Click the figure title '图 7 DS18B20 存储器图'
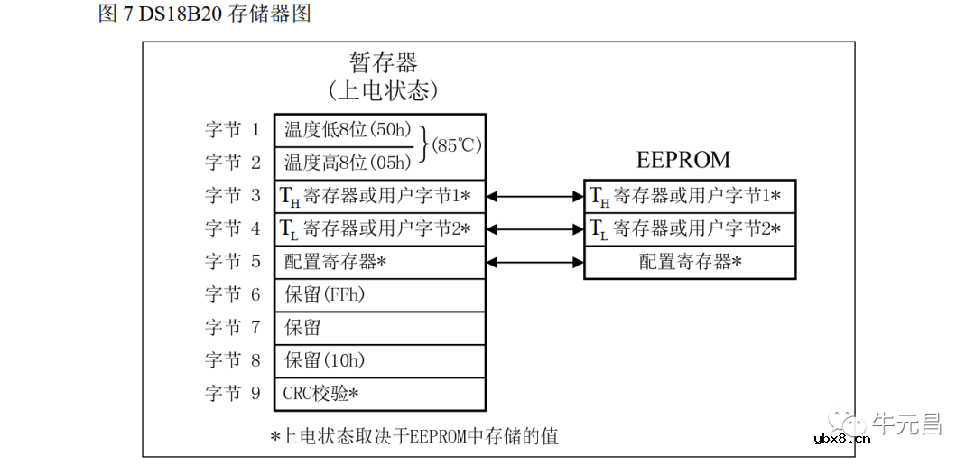pos(204,14)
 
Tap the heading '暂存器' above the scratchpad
pos(384,62)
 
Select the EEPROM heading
pos(683,160)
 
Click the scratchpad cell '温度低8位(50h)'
pos(348,129)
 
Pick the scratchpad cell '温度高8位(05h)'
pos(348,163)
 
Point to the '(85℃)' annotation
pos(457,145)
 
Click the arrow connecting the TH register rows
pos(534,195)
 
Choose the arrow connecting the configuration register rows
pos(534,262)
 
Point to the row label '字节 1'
pos(232,129)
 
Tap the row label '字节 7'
pos(232,327)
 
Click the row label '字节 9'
pos(232,394)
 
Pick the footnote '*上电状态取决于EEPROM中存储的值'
pos(414,436)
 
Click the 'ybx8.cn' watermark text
pos(841,440)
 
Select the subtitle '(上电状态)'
pos(384,90)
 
